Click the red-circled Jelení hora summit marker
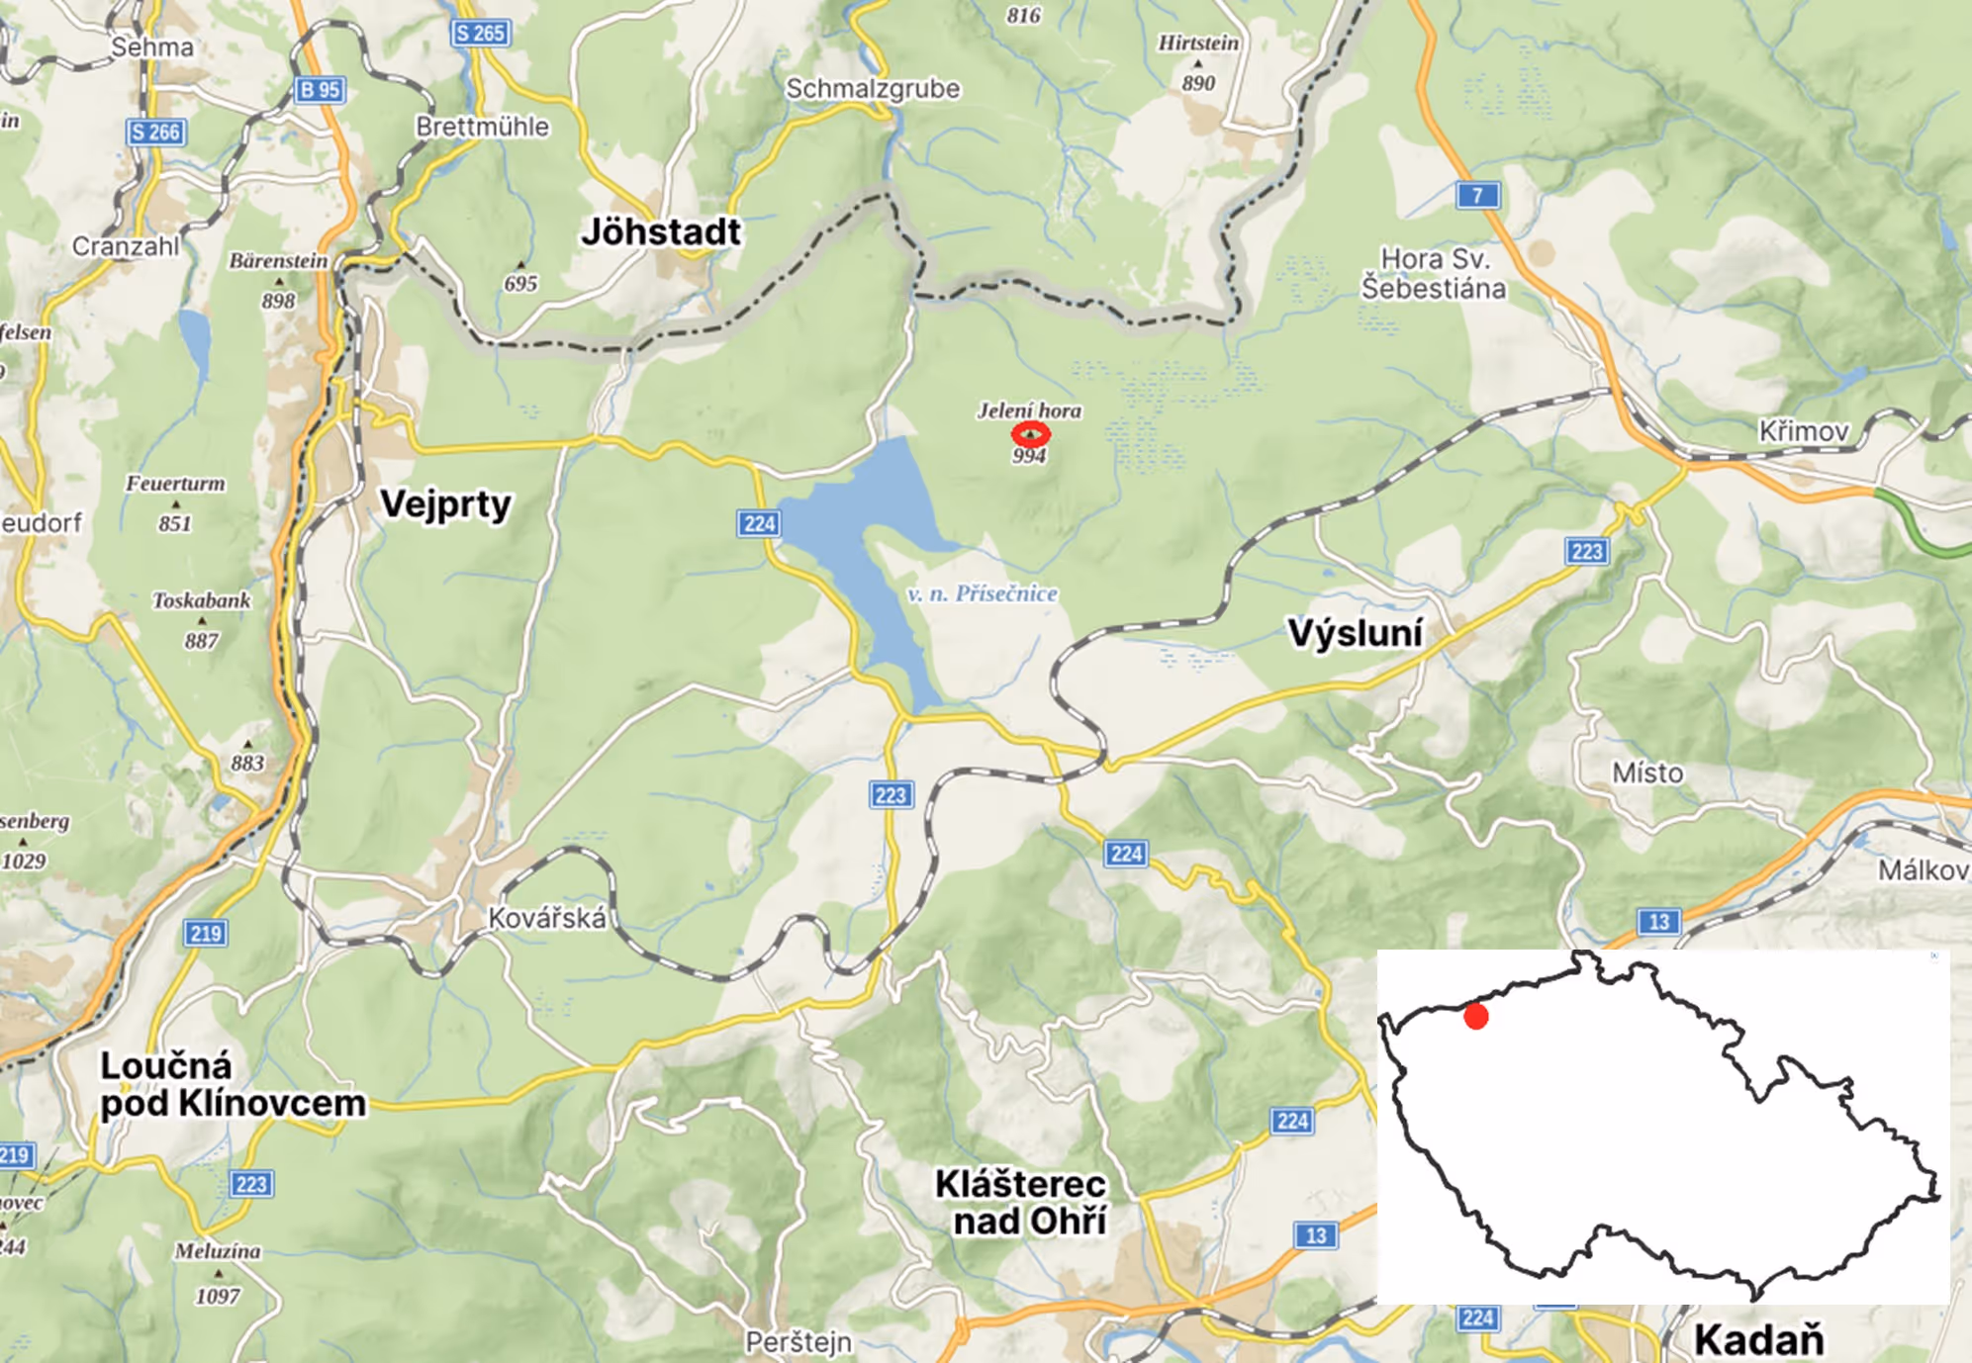1030,433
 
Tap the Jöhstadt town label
661,231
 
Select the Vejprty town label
445,503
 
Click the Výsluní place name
1355,633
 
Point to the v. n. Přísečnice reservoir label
982,593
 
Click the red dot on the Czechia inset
1475,1016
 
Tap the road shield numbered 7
1477,195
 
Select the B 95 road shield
320,90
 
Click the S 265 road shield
480,33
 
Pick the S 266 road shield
155,132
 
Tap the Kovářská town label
547,919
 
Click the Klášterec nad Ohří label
1021,1202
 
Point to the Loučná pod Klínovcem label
232,1084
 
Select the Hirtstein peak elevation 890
1198,83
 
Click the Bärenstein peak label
278,261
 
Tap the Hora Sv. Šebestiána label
1434,273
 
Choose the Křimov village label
1803,431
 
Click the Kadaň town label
1758,1339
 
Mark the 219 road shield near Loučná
206,933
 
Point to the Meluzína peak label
218,1251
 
